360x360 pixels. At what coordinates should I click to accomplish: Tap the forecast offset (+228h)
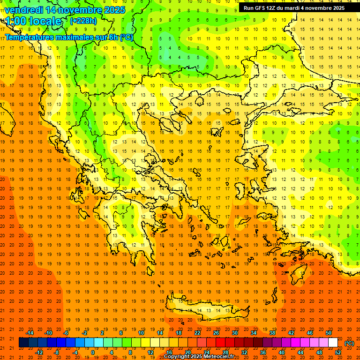tap(83, 21)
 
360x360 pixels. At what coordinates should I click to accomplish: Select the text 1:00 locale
tap(34, 21)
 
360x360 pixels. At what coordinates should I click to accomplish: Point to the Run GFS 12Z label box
tap(294, 8)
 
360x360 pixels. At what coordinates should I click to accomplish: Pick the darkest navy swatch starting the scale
tap(23, 343)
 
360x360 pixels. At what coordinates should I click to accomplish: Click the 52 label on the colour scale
tap(338, 352)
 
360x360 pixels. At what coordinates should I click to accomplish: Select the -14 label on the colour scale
tap(30, 333)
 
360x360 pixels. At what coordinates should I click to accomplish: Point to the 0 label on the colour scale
tap(92, 352)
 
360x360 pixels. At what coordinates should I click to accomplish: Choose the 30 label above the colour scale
tap(234, 333)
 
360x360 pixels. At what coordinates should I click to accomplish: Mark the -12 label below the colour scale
tap(39, 352)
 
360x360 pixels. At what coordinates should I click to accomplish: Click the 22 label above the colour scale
tap(197, 333)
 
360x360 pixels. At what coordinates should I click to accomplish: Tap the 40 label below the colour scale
tap(282, 352)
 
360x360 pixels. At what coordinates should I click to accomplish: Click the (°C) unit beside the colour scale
tap(349, 343)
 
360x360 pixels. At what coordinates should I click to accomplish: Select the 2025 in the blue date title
tap(114, 10)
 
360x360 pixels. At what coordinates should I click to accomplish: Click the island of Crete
tap(206, 309)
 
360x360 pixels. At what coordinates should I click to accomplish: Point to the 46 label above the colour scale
tap(310, 333)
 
